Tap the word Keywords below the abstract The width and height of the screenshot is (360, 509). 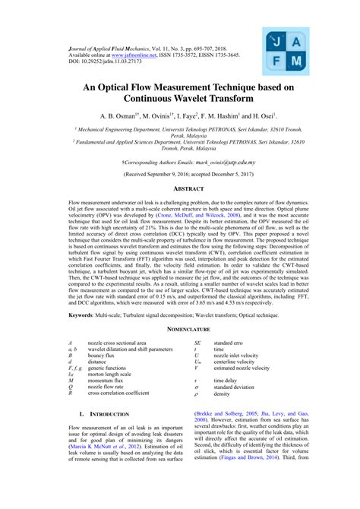pos(86,315)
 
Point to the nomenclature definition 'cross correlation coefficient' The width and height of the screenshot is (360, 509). pos(118,394)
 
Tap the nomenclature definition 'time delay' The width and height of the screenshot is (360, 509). pos(226,380)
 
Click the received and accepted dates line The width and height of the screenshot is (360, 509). pos(179,174)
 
